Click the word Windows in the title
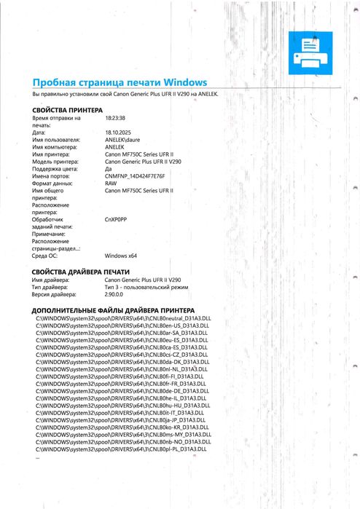click(186, 82)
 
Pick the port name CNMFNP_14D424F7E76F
click(135, 176)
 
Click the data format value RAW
click(111, 184)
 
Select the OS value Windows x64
click(121, 256)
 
